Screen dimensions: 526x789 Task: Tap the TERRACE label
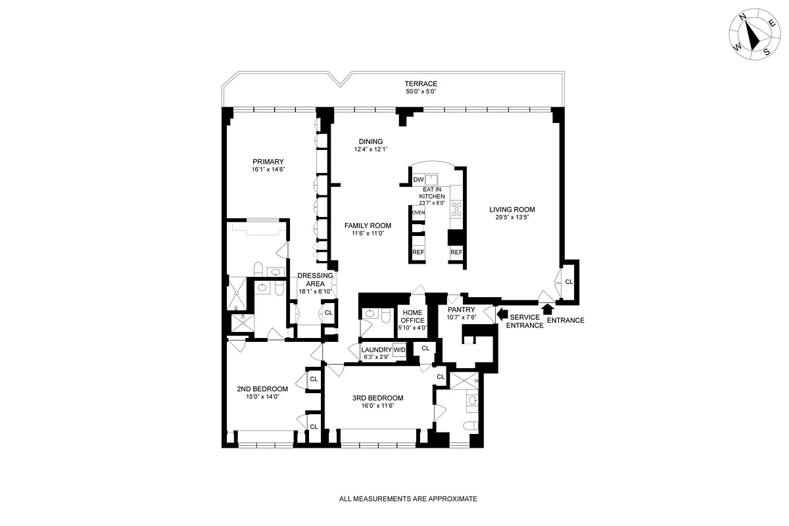421,84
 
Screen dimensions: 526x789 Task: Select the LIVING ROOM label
512,210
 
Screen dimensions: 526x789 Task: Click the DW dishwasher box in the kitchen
418,179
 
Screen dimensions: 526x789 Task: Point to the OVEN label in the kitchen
418,212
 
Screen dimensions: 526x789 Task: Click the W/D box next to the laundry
400,349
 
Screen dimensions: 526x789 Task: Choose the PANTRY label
461,310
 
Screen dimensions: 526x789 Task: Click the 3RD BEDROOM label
368,398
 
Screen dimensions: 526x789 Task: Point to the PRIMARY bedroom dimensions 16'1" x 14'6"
268,170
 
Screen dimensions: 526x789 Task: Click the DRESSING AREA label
315,279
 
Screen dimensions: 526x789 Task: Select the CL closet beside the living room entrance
569,281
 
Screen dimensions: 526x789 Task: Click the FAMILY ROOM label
368,225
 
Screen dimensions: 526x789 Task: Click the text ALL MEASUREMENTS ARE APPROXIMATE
408,499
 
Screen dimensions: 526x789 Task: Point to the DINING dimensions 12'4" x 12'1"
370,149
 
